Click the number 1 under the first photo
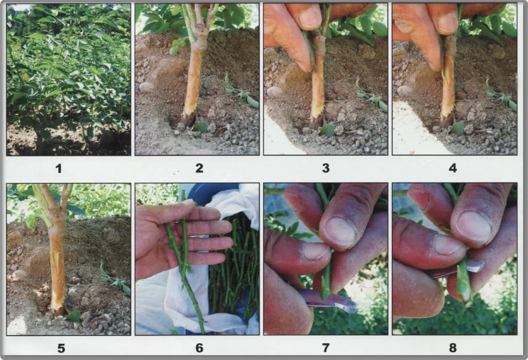coord(58,168)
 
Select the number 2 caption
coord(200,168)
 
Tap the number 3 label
coord(325,168)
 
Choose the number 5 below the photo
coord(58,347)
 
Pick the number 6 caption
coord(200,347)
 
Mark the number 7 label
coord(325,347)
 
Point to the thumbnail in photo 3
coord(310,17)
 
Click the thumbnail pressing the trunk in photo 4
coord(444,22)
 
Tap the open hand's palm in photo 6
coord(157,240)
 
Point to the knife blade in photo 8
coord(467,267)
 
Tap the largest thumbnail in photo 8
coord(473,226)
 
